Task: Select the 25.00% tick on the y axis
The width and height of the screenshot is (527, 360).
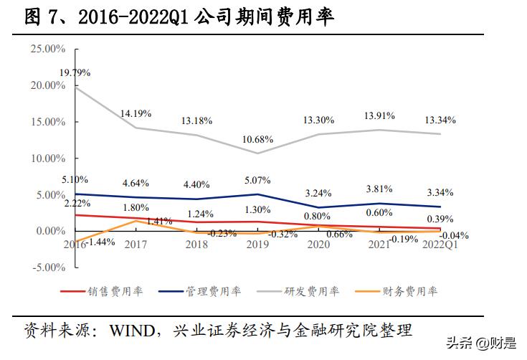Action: pos(47,49)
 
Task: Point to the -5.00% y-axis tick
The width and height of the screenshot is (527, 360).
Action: pos(47,267)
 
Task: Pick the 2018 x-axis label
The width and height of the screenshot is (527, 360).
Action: pos(197,244)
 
